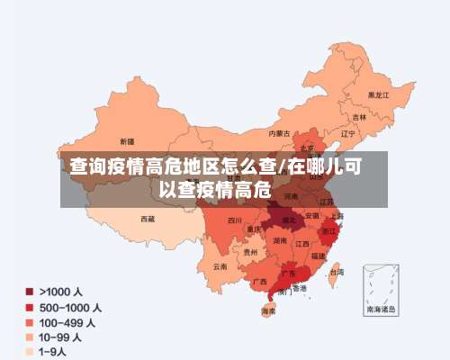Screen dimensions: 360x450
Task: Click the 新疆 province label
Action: [x=126, y=141]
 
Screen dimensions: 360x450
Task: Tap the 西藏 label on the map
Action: [x=148, y=219]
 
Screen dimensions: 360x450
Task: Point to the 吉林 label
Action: [x=359, y=117]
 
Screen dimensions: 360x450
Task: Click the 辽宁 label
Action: [x=348, y=133]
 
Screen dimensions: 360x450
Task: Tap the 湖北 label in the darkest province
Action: [x=289, y=219]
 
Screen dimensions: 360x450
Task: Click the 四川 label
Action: [x=234, y=220]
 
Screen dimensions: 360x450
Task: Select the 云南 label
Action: [x=220, y=266]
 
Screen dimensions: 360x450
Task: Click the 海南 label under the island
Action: [x=268, y=311]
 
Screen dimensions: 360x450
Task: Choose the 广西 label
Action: [x=259, y=281]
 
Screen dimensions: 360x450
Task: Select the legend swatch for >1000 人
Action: [x=30, y=292]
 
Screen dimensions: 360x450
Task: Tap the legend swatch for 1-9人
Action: [x=30, y=352]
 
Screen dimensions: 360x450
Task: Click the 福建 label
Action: [x=319, y=256]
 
